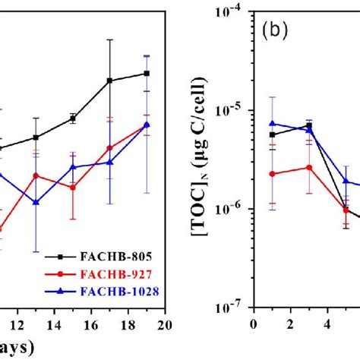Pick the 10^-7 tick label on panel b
tap(235, 308)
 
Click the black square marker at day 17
tap(110, 81)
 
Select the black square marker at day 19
tap(147, 74)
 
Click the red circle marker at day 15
tap(73, 187)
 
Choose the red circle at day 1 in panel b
tap(272, 174)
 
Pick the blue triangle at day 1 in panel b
tap(272, 123)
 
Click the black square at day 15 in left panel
tap(73, 118)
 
